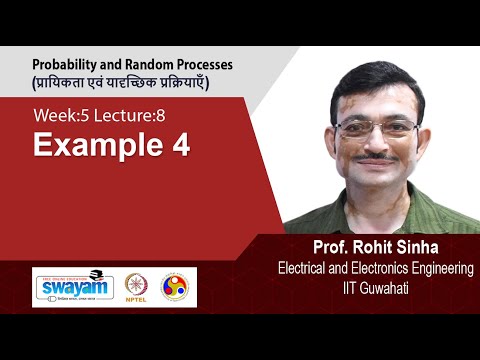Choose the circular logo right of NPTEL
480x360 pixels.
[175, 286]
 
